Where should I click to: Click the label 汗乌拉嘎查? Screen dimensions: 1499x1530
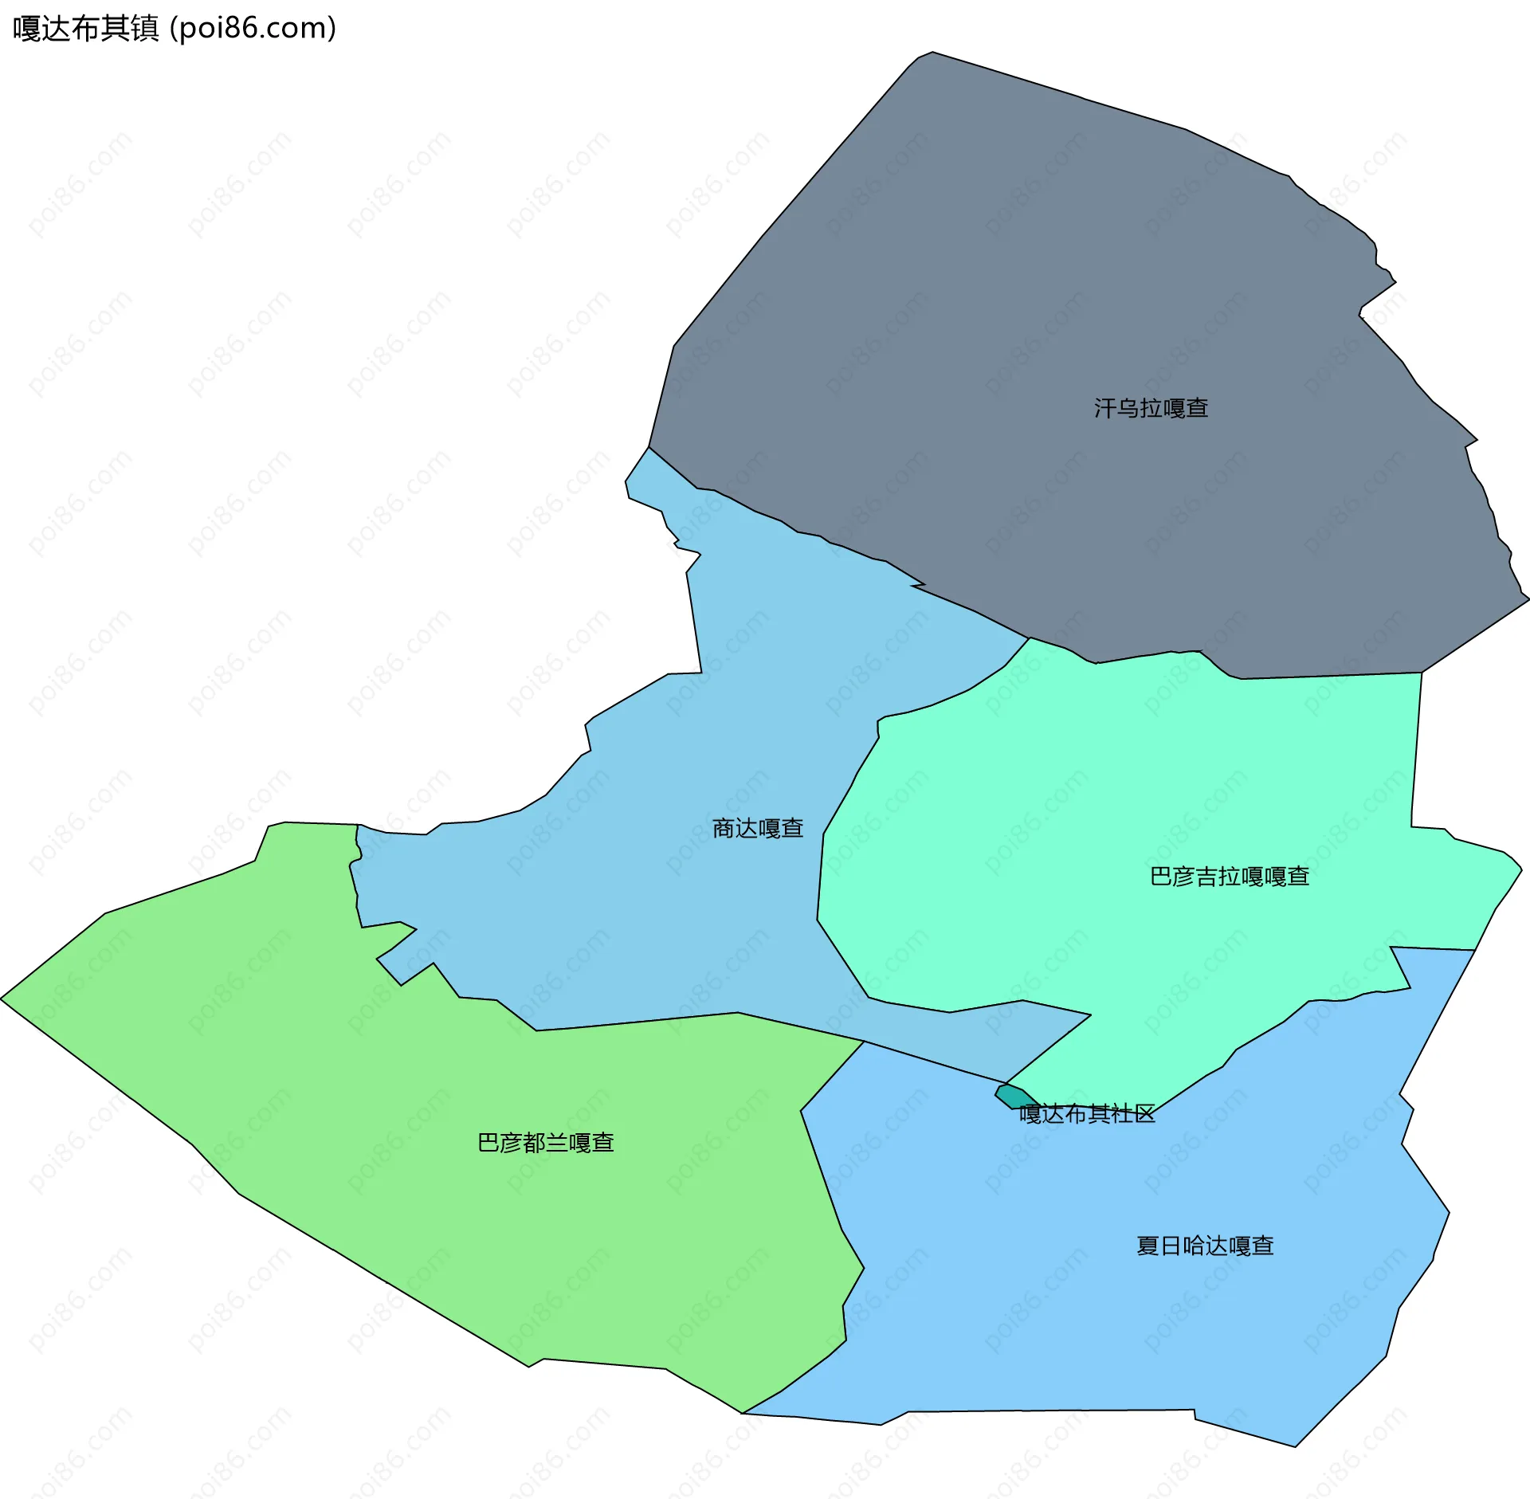point(1151,409)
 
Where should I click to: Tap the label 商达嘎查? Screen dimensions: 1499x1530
point(757,829)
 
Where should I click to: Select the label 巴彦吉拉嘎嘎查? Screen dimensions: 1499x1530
point(1230,877)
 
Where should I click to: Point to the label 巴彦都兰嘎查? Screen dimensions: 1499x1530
point(545,1143)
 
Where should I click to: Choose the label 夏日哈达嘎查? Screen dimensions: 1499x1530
point(1205,1246)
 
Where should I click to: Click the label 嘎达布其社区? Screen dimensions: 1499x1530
point(1087,1114)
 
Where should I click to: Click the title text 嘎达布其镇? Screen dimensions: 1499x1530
point(86,29)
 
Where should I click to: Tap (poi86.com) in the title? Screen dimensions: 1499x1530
point(253,29)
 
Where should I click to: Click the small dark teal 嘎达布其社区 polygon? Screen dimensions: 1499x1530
point(1012,1096)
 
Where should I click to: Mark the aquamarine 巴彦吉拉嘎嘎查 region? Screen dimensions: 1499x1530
point(1155,797)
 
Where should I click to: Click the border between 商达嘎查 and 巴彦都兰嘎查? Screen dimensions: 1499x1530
point(637,1022)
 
